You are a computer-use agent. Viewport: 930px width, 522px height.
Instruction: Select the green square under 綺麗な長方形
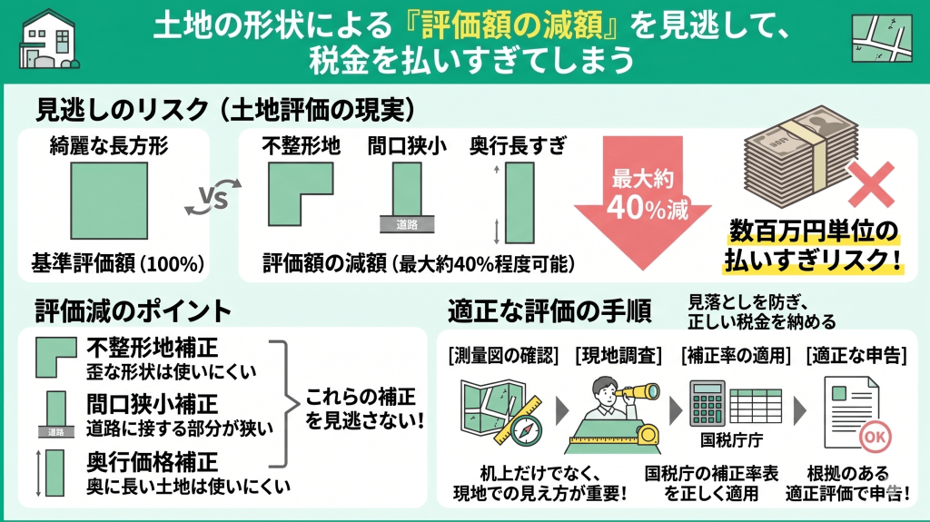click(109, 202)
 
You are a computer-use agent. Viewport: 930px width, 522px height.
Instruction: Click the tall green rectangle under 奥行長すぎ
click(519, 203)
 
